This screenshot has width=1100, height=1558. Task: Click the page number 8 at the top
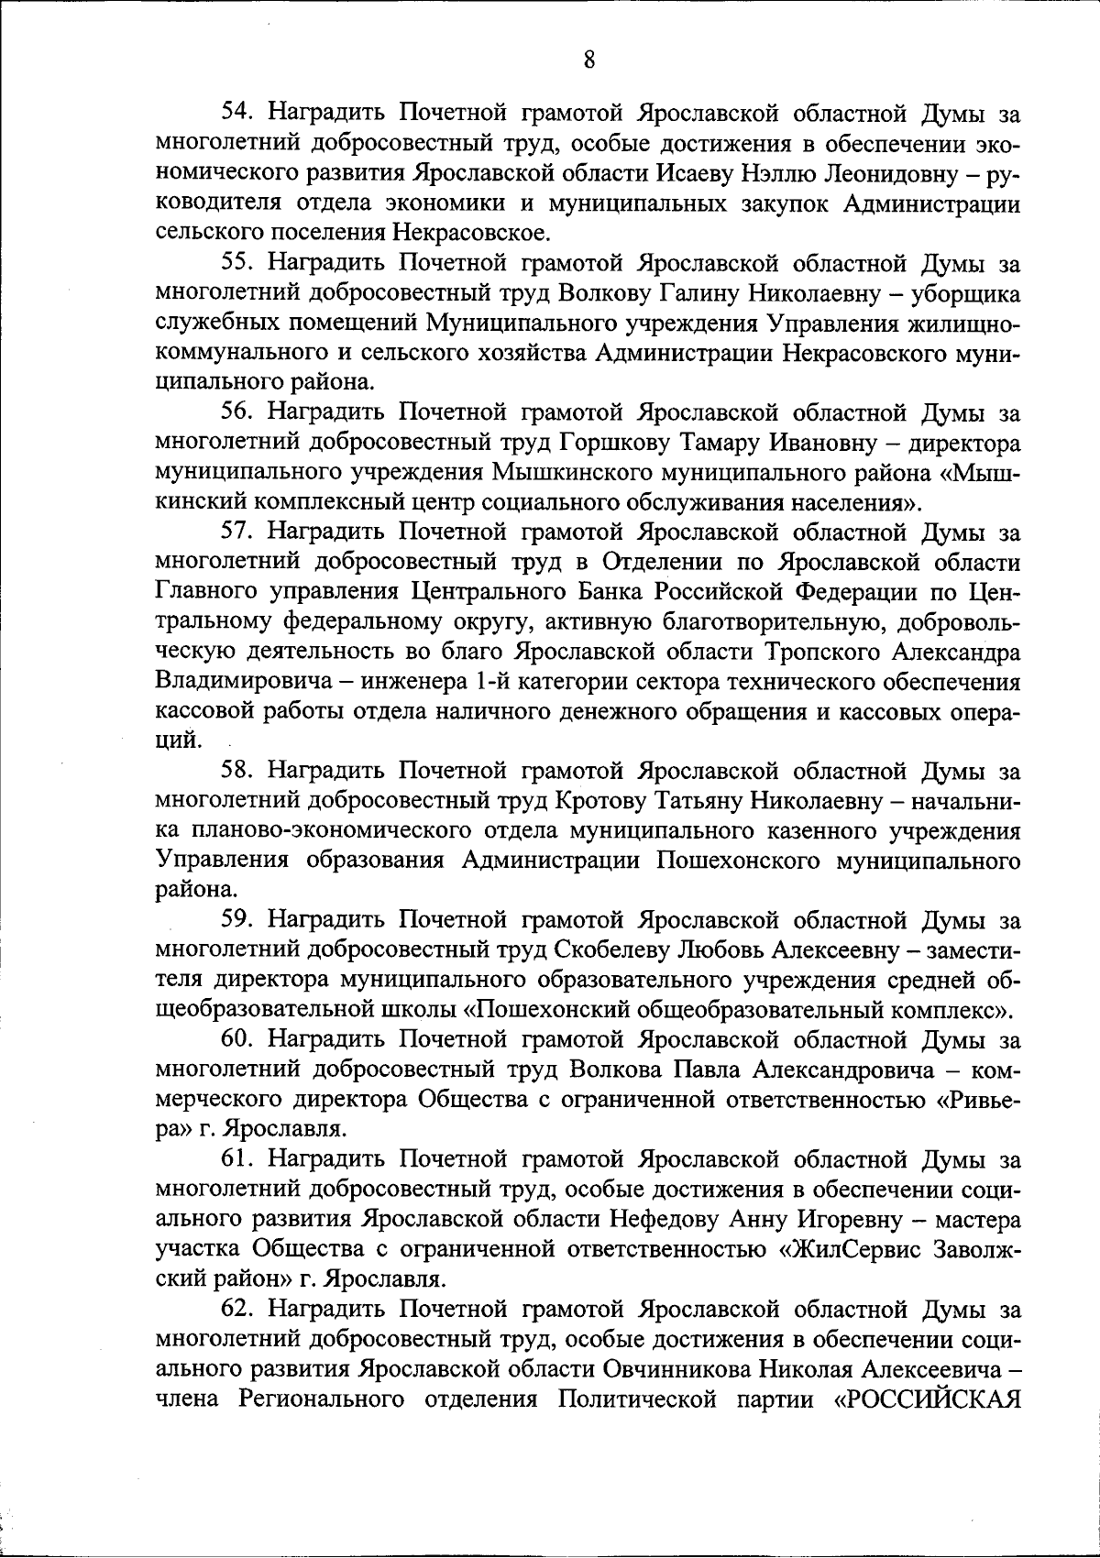pyautogui.click(x=588, y=60)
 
